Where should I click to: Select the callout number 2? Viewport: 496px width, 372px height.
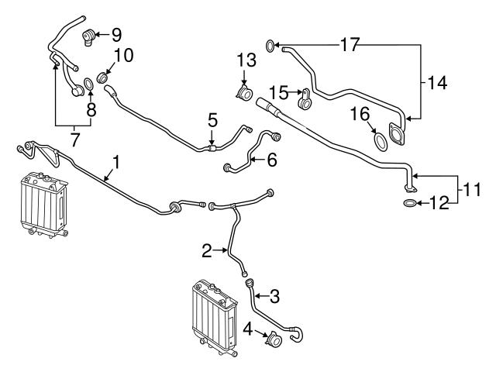point(207,250)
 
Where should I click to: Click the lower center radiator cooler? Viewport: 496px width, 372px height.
point(211,317)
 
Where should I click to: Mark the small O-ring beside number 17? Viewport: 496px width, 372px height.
point(270,46)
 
